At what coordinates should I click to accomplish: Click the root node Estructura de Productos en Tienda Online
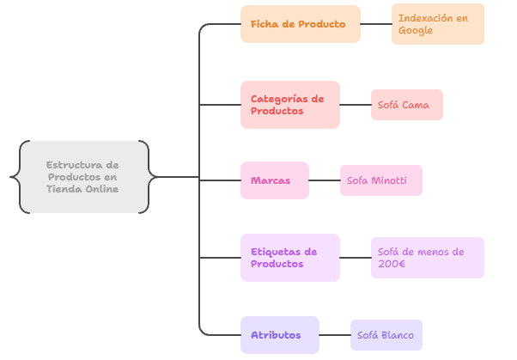tap(82, 177)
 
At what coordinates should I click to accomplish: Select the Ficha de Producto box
tap(300, 24)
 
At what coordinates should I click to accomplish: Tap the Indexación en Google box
tap(437, 24)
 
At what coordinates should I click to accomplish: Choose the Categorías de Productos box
tap(289, 105)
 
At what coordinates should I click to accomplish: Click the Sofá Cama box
tap(406, 105)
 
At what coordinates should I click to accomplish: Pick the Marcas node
tap(274, 180)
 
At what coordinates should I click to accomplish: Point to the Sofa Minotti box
tap(380, 180)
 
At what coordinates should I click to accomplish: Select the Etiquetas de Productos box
tap(289, 258)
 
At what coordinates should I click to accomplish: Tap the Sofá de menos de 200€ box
tap(427, 258)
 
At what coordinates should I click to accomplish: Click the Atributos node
tap(279, 335)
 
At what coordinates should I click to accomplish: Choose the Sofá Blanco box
tap(386, 335)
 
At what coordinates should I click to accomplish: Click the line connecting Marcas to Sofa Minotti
tap(324, 180)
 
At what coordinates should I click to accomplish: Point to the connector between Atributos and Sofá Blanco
tap(334, 335)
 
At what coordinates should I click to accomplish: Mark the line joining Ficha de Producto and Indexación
tap(375, 24)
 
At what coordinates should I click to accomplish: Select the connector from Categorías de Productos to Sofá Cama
tap(355, 105)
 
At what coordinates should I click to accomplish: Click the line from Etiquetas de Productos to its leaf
tap(355, 258)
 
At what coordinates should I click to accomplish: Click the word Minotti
tap(389, 180)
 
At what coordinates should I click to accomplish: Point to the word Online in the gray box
tap(101, 189)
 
